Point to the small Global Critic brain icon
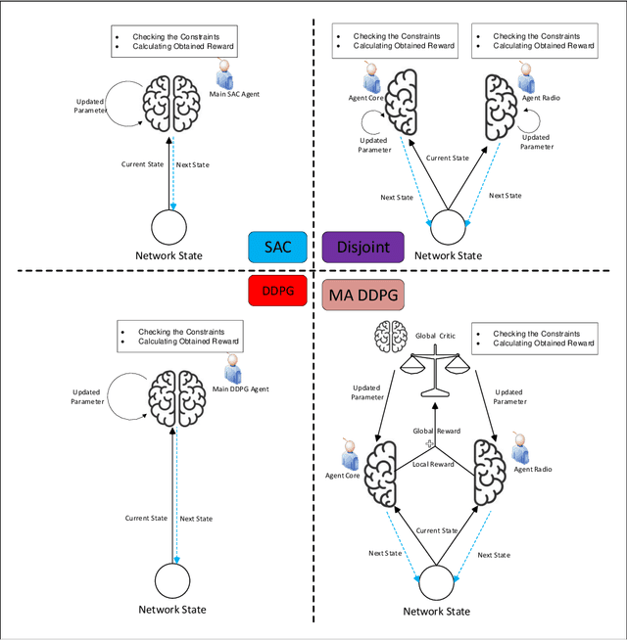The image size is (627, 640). [388, 337]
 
